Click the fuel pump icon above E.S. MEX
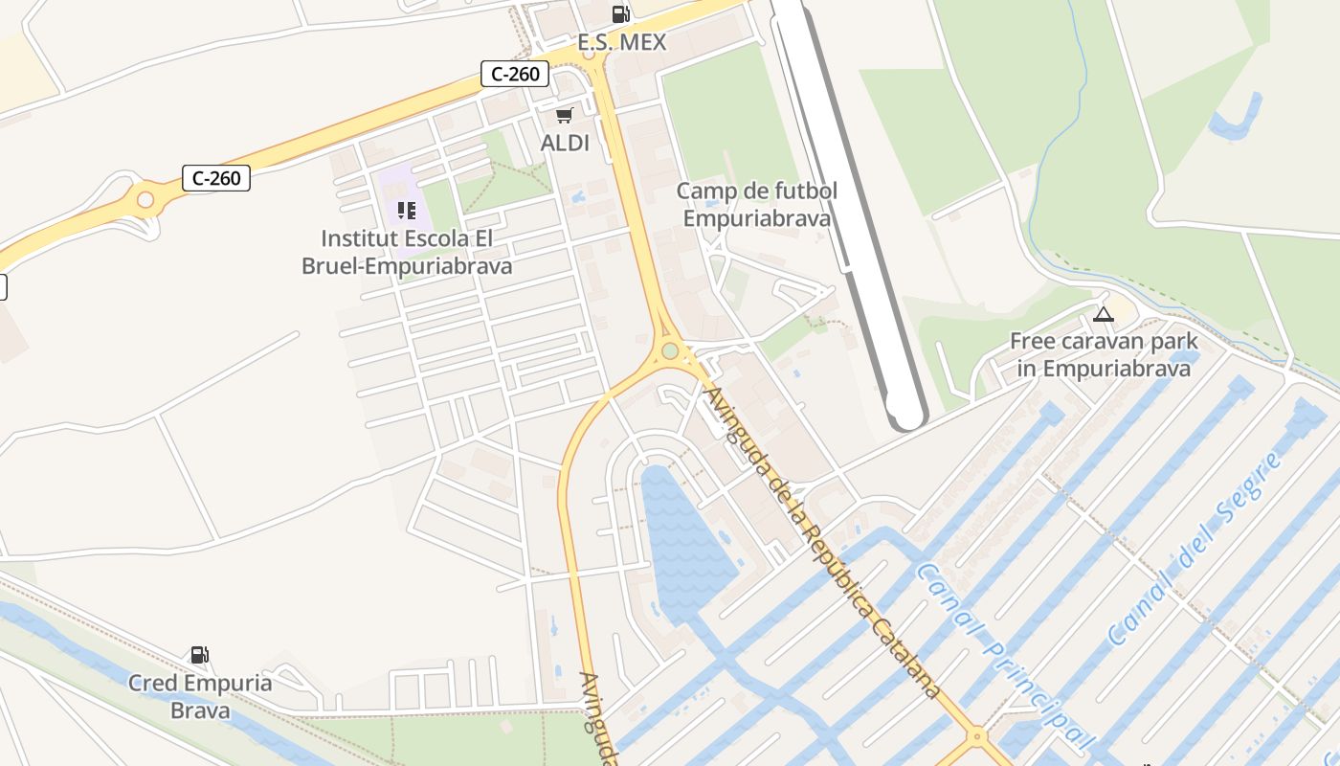coord(620,13)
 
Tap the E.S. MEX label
coord(621,43)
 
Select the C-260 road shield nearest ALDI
coord(514,73)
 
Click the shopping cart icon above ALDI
coord(564,115)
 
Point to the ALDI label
coord(565,144)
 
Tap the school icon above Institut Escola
coord(407,210)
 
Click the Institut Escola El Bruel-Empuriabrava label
coord(407,252)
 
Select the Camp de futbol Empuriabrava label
coord(756,204)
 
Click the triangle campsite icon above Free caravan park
coord(1104,314)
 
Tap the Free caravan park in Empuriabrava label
coord(1104,354)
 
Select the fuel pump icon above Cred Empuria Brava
coord(200,655)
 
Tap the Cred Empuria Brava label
coord(200,696)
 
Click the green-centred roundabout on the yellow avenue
coord(670,350)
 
